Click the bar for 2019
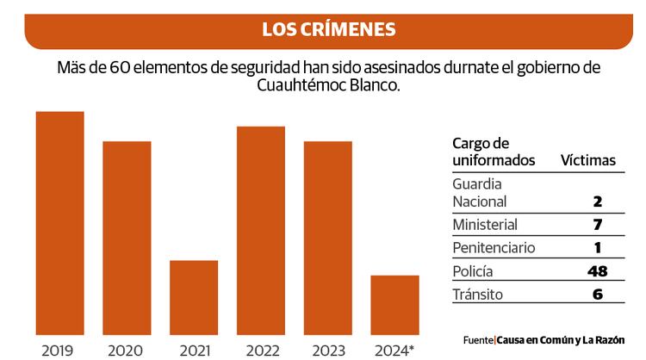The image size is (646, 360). pyautogui.click(x=59, y=223)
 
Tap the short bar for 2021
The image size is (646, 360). pyautogui.click(x=194, y=297)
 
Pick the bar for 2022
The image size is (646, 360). pyautogui.click(x=261, y=230)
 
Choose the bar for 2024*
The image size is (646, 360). pyautogui.click(x=394, y=305)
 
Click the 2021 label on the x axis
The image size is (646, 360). pyautogui.click(x=194, y=351)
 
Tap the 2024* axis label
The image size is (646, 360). pyautogui.click(x=395, y=351)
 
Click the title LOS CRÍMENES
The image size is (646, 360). pyautogui.click(x=329, y=29)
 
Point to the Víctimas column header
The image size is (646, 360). pyautogui.click(x=588, y=160)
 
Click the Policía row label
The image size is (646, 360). pyautogui.click(x=473, y=271)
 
